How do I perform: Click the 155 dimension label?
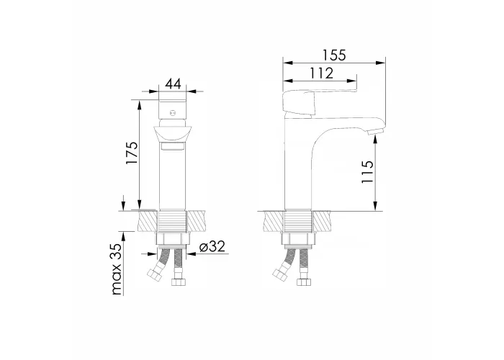334,55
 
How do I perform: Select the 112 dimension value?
322,73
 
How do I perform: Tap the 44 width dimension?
173,84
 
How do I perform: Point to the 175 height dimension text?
132,153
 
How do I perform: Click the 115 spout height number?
367,171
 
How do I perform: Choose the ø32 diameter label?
212,246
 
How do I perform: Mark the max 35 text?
117,269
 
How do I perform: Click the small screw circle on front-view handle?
173,113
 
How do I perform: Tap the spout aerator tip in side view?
375,132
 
